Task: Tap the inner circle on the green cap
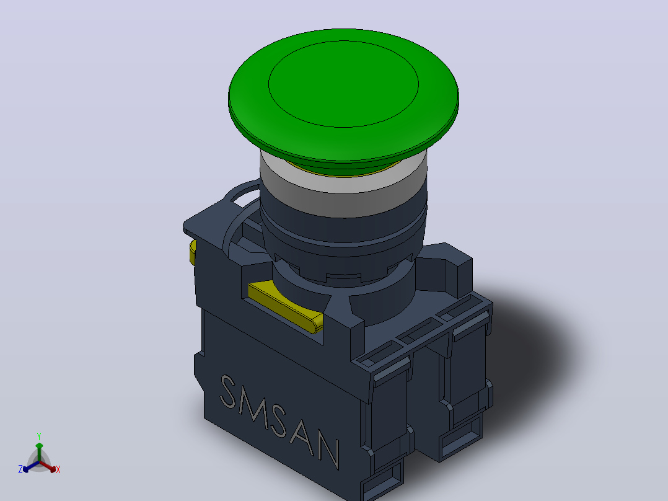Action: (x=343, y=84)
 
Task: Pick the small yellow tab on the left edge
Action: (x=193, y=252)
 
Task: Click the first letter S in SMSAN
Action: (x=229, y=391)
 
